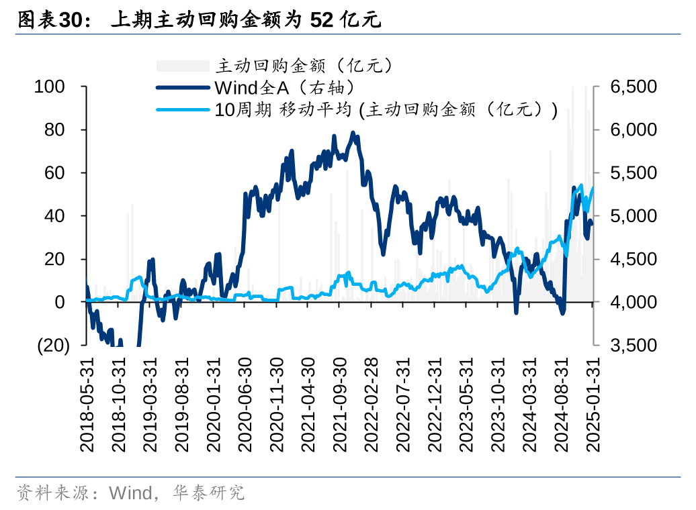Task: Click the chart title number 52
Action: tap(322, 20)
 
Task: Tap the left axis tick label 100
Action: tap(50, 87)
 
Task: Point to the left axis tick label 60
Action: tap(54, 173)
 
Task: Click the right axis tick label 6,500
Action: tap(634, 87)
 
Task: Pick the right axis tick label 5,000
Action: tap(634, 216)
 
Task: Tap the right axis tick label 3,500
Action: tap(634, 345)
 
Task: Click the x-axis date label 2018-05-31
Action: tap(86, 403)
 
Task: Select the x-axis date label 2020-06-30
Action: tap(245, 403)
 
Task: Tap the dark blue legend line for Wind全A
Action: tap(183, 87)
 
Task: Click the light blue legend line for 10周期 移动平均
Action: tap(183, 109)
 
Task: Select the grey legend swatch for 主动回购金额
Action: tap(183, 65)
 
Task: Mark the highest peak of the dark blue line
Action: tap(353, 133)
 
